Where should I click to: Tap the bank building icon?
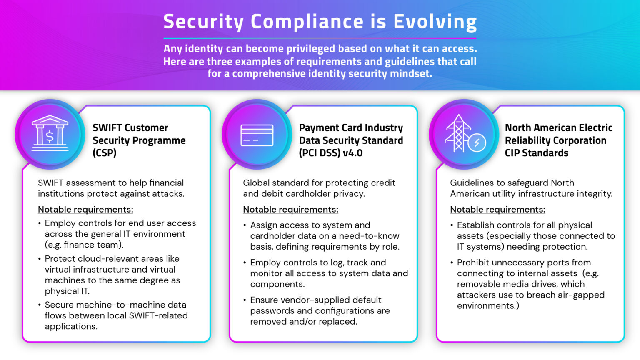point(50,133)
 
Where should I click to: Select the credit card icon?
point(257,135)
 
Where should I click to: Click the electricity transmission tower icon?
point(458,133)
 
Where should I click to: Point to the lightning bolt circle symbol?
point(477,143)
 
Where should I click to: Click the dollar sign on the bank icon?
point(50,136)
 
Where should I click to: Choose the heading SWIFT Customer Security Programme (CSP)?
point(139,140)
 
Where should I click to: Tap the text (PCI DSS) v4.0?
point(331,153)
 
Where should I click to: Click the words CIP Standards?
point(536,153)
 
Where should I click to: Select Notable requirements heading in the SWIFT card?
point(85,209)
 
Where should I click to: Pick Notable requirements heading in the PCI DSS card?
point(290,209)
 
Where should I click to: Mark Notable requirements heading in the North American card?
point(497,209)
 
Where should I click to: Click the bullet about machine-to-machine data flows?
point(116,315)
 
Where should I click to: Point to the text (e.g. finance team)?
point(84,245)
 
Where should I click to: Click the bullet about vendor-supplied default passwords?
point(320,310)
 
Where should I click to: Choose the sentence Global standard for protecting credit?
point(319,182)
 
